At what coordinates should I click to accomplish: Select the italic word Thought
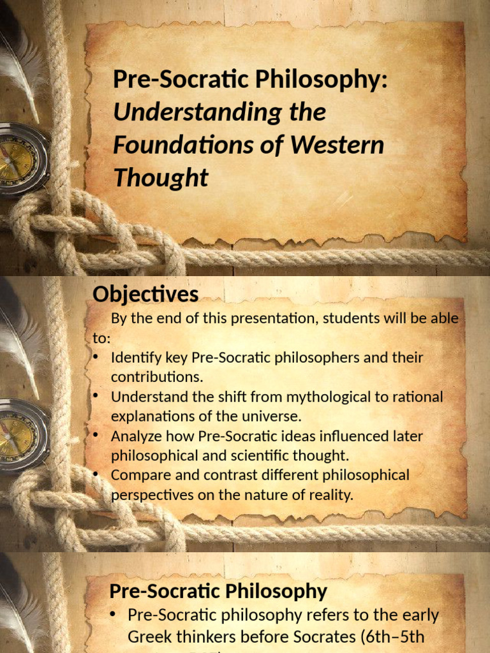(x=161, y=179)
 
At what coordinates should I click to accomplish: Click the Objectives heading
(x=145, y=295)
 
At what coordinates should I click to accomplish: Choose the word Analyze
(x=133, y=436)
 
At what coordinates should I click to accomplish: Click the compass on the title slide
(x=19, y=159)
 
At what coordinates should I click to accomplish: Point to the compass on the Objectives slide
(x=19, y=436)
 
